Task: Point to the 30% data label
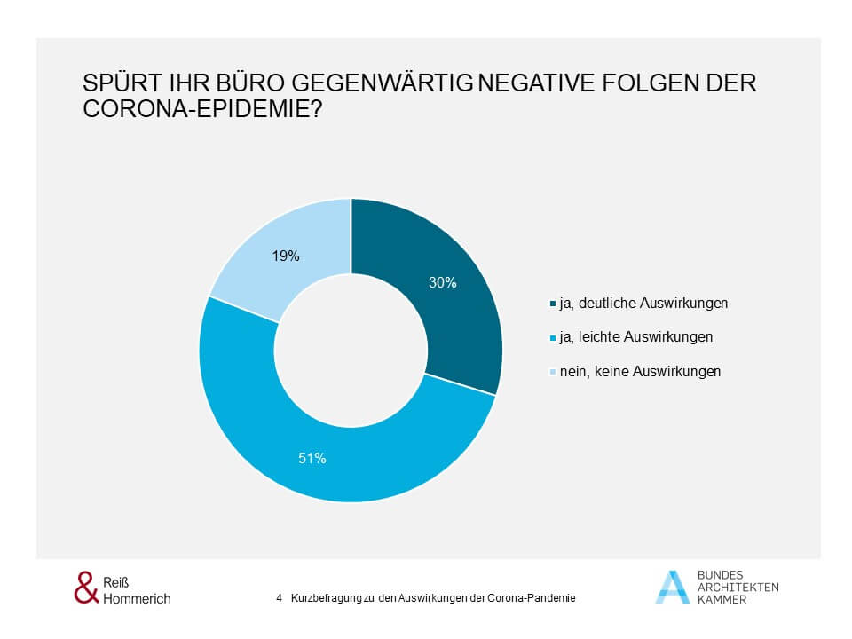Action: pyautogui.click(x=443, y=283)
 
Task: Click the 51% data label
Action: pyautogui.click(x=312, y=459)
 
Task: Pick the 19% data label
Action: pyautogui.click(x=286, y=256)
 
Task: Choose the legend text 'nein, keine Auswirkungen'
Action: pyautogui.click(x=639, y=372)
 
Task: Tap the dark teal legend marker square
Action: pyautogui.click(x=553, y=304)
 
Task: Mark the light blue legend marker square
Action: pyautogui.click(x=553, y=373)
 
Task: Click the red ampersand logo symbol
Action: pyautogui.click(x=84, y=588)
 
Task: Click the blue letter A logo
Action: pyautogui.click(x=672, y=587)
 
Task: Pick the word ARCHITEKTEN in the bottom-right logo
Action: pyautogui.click(x=738, y=588)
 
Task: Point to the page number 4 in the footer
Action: pyautogui.click(x=280, y=598)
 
